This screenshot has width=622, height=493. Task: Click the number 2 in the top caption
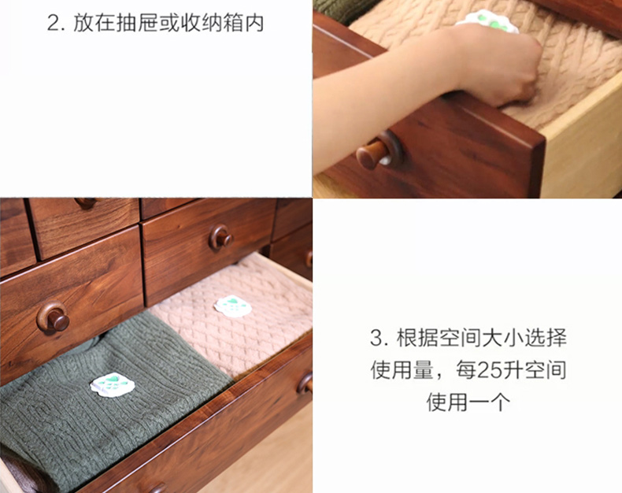tap(54, 23)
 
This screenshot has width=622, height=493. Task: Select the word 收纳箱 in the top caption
tap(212, 23)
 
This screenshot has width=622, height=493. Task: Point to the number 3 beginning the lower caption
tap(376, 338)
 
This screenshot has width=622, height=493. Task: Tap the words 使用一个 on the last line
tap(468, 402)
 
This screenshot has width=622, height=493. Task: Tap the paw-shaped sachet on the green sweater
tap(113, 384)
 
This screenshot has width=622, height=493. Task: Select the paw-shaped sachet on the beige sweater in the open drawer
tap(233, 306)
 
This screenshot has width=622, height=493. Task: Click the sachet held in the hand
tap(487, 21)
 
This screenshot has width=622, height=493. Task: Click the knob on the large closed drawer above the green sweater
tap(54, 317)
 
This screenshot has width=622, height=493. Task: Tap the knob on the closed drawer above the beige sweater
tap(220, 237)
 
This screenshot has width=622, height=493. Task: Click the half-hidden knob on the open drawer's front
tap(305, 384)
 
